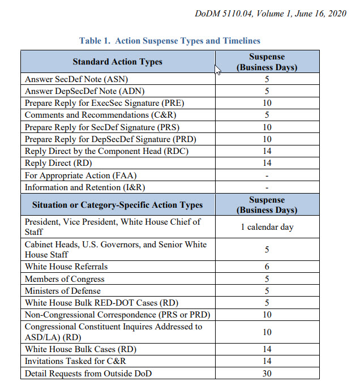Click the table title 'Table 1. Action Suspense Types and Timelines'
coord(170,41)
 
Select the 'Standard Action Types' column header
coord(118,62)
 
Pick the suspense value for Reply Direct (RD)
coord(267,163)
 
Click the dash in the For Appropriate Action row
coord(267,175)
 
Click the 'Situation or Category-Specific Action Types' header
coord(117,205)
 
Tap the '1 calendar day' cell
coord(267,227)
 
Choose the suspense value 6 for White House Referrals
coord(267,267)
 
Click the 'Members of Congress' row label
coord(65,279)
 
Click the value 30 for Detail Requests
coord(267,374)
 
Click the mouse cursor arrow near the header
coord(217,68)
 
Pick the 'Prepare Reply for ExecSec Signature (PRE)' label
coord(105,103)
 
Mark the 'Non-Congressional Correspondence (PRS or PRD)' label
coord(118,315)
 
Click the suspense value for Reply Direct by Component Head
coord(267,151)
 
